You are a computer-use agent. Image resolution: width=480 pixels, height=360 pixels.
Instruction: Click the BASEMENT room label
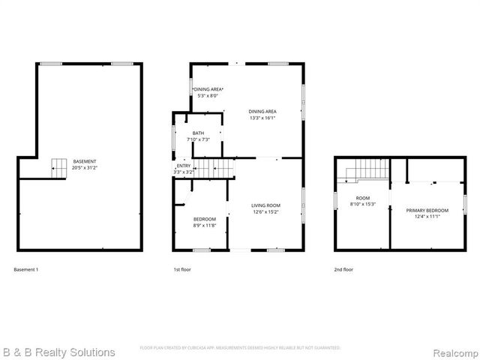[84, 161]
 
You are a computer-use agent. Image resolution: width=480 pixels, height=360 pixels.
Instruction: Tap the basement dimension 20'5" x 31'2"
[84, 167]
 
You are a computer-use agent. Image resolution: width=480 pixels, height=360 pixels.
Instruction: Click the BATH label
[198, 133]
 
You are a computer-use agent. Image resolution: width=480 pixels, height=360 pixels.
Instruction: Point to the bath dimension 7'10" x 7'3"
[198, 139]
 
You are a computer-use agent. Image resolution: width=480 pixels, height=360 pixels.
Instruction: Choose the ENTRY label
[184, 166]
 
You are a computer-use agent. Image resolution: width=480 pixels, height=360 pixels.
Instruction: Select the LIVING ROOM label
[265, 205]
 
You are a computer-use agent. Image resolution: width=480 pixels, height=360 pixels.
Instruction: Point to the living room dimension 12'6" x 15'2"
[265, 211]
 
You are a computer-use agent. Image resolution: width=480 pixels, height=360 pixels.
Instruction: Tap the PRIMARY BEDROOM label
[427, 211]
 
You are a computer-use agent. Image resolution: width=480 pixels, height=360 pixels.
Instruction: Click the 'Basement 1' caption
[26, 269]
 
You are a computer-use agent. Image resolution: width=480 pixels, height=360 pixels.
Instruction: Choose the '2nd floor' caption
[343, 269]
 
